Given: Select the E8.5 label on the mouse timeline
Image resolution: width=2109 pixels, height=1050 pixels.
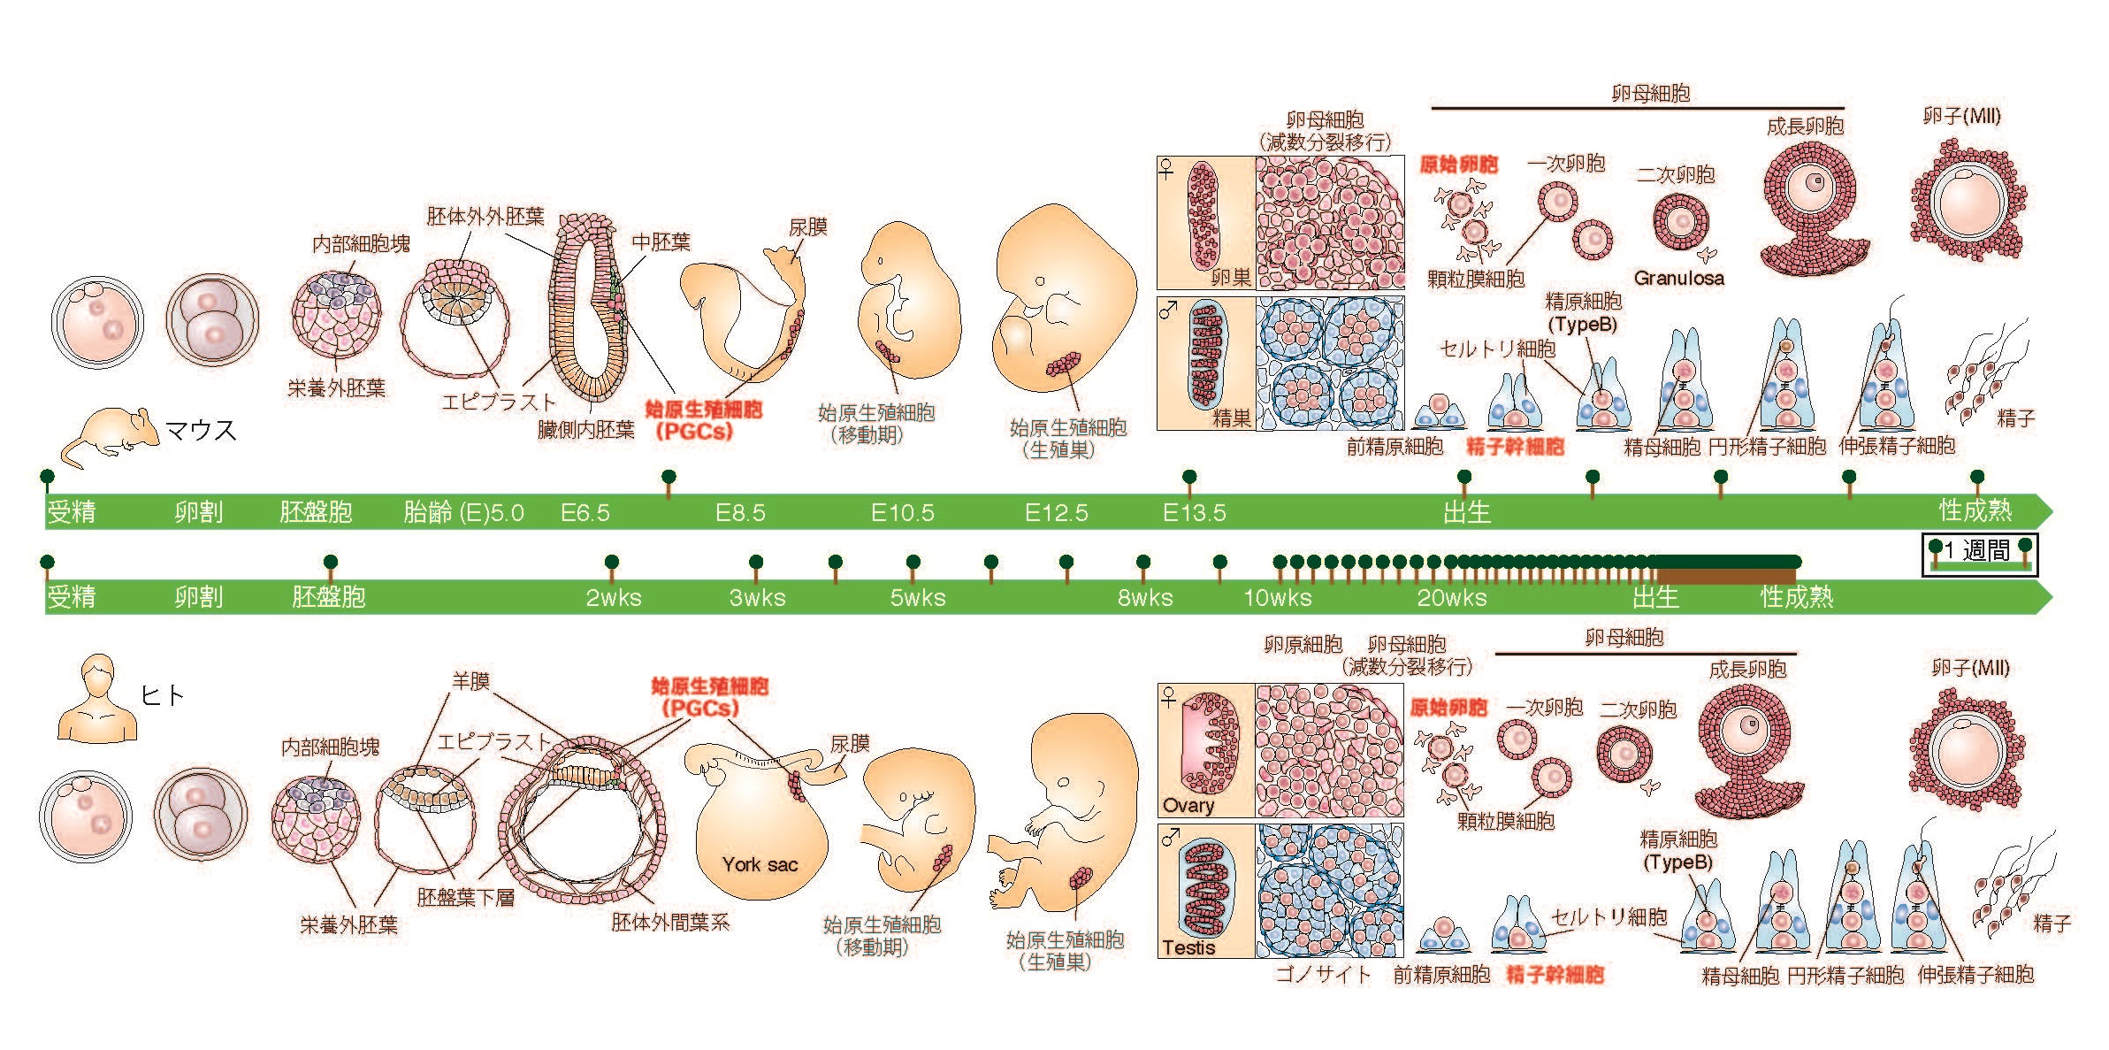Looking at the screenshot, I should click(740, 513).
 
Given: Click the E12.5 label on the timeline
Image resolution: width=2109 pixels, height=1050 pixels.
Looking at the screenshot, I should click(1056, 513).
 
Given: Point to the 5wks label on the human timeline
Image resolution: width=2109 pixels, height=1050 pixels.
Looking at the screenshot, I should click(917, 598).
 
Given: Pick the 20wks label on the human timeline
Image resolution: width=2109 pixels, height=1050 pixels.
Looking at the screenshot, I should click(1451, 598).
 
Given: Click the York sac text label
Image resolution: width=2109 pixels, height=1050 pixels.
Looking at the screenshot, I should click(760, 864).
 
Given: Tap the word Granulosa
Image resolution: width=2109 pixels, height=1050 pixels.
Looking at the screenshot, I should click(1678, 278).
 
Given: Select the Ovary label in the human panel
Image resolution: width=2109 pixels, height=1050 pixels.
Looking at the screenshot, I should click(1188, 805).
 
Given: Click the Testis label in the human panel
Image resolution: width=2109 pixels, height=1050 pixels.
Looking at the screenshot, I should click(1188, 947).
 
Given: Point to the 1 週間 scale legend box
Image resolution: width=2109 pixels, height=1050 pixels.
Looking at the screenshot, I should click(1980, 554).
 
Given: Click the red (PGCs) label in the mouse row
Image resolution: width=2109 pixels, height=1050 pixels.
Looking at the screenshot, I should click(694, 432).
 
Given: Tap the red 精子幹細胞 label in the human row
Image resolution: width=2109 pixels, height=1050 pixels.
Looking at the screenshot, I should click(1555, 975).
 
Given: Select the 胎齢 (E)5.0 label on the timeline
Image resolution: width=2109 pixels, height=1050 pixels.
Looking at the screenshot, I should click(463, 513).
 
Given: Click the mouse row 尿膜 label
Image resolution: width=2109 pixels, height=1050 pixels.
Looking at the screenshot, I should click(807, 227).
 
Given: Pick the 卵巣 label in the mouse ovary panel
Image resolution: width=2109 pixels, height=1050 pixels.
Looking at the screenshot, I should click(1230, 277).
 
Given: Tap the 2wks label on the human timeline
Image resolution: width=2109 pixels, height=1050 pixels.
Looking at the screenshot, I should click(613, 598).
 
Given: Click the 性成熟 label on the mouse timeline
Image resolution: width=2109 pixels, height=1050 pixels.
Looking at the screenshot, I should click(1975, 510).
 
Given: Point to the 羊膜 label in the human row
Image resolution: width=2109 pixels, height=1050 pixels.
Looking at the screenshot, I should click(470, 680).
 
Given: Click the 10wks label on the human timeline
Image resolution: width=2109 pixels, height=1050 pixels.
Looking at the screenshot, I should click(1277, 598).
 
